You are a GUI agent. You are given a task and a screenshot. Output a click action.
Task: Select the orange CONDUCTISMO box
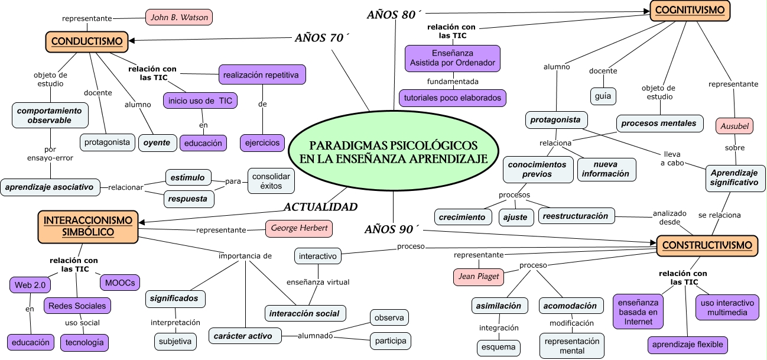click(x=87, y=41)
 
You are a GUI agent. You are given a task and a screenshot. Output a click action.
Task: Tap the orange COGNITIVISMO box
click(x=690, y=11)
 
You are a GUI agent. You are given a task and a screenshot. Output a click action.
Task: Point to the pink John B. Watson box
click(x=179, y=17)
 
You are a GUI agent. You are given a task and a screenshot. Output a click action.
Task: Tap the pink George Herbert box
click(x=299, y=229)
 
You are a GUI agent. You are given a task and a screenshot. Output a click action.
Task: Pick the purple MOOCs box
click(x=120, y=283)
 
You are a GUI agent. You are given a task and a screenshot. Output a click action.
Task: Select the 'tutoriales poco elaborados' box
click(x=453, y=98)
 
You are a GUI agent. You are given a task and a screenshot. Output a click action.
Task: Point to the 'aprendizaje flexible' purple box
click(x=688, y=345)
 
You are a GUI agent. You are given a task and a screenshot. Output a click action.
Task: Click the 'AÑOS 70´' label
click(x=321, y=38)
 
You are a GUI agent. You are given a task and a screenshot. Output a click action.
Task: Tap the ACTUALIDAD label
click(x=320, y=207)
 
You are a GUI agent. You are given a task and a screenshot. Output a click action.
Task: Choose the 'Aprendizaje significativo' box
click(x=734, y=178)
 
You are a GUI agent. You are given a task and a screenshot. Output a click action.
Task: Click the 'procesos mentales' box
click(x=659, y=124)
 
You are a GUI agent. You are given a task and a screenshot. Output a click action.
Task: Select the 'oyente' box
click(x=157, y=142)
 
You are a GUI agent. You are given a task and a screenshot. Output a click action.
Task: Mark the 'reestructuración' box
click(x=576, y=216)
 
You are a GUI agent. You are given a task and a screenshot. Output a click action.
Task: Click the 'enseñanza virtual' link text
click(x=318, y=282)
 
